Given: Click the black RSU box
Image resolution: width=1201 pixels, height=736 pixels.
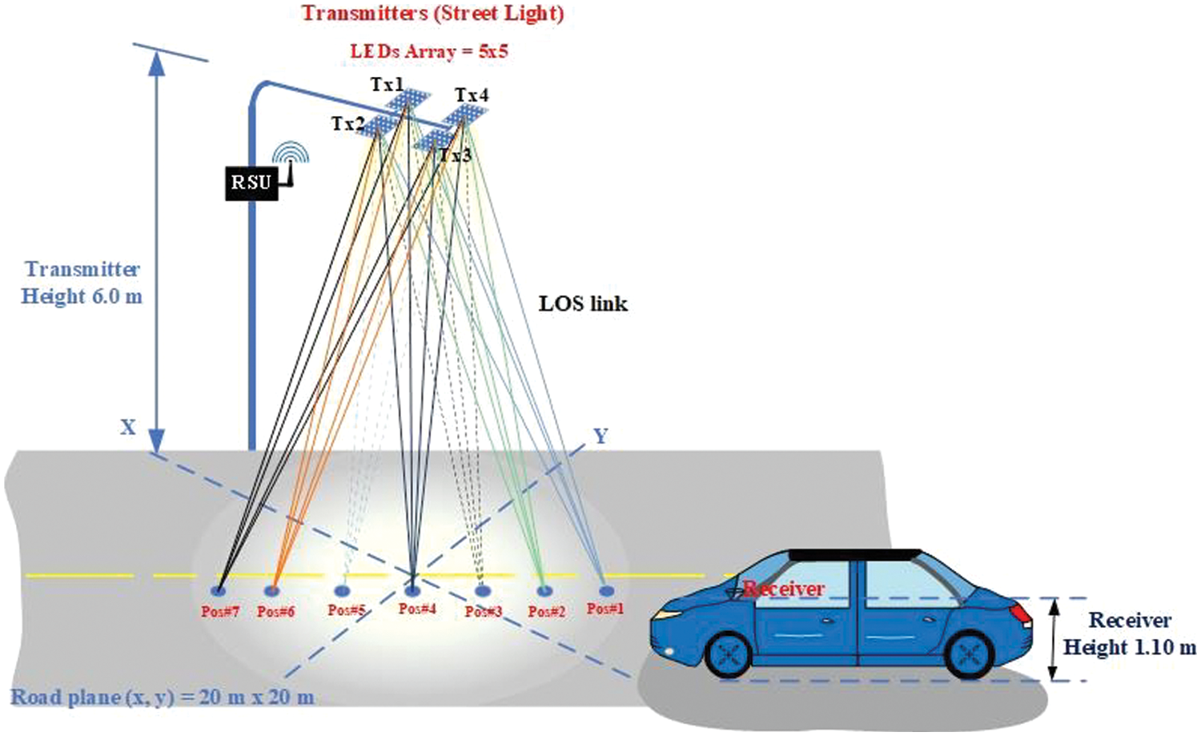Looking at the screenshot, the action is [x=251, y=183].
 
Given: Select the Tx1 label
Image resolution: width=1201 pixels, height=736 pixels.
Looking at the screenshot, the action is [x=387, y=85].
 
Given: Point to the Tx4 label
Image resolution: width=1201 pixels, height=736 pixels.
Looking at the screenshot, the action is [x=472, y=95].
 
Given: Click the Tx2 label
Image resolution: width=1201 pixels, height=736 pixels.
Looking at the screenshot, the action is [x=348, y=124].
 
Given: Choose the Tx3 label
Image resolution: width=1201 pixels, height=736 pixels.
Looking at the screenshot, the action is [x=456, y=155].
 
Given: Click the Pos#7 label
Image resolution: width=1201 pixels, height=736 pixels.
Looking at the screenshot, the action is [x=220, y=611].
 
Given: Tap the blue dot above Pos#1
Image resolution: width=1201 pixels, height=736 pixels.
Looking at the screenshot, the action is [x=606, y=590].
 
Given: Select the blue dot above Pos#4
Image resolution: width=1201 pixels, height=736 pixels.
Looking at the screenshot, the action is [x=412, y=591].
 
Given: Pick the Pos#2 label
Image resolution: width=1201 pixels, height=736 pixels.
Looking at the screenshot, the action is [x=547, y=611].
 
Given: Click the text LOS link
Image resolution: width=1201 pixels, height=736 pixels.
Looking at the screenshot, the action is [x=583, y=304].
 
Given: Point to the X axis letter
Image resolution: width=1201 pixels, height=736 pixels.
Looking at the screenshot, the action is [x=127, y=428].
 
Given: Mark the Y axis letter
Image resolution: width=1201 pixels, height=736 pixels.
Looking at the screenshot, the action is [x=600, y=436].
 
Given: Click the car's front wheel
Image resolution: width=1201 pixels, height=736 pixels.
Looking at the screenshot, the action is [x=728, y=654].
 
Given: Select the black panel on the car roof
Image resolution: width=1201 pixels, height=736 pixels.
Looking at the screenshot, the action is [x=856, y=555].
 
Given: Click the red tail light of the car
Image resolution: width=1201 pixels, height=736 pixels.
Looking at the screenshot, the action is [x=1022, y=613].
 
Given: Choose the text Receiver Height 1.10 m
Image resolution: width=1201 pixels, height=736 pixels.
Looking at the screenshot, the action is [x=1129, y=634].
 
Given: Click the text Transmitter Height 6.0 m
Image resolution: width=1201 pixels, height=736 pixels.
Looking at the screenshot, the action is [x=82, y=283].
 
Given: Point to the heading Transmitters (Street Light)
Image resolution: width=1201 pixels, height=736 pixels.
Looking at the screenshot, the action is [x=432, y=14].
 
